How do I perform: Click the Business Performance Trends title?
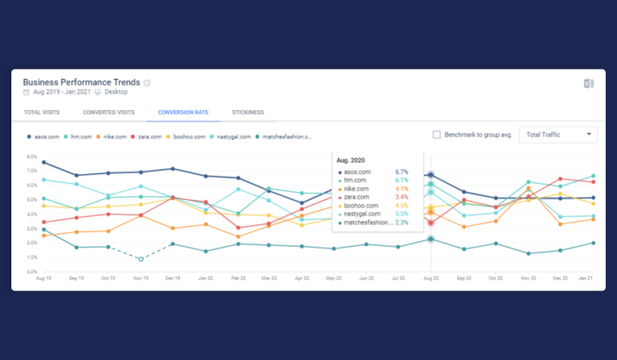point(81,82)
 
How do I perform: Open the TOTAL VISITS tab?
point(40,112)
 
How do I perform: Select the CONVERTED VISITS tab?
point(108,112)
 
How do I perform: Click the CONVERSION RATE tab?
point(183,112)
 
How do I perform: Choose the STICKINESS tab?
point(247,112)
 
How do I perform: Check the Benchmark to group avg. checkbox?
point(437,135)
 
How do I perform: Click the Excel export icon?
point(589,84)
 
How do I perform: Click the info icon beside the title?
point(147,83)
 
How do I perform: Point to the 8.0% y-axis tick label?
point(31,157)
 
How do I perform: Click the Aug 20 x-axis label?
point(431,277)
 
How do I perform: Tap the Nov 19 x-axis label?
point(141,277)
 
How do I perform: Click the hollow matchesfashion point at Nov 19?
point(141,259)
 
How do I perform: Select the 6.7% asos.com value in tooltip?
point(402,172)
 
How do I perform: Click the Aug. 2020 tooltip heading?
point(351,160)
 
